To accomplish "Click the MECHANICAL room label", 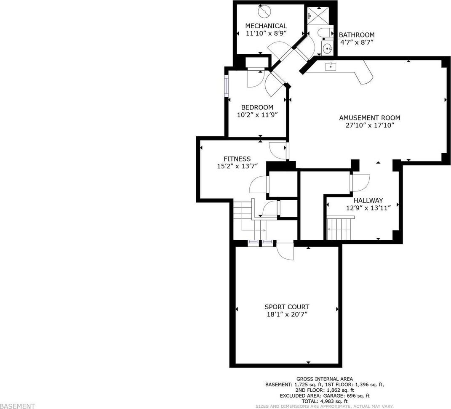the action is pyautogui.click(x=266, y=26).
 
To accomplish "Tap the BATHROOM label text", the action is pyautogui.click(x=357, y=35).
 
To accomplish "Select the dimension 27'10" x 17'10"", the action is pyautogui.click(x=369, y=125).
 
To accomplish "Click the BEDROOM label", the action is pyautogui.click(x=257, y=107).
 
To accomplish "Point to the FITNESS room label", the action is pyautogui.click(x=238, y=159).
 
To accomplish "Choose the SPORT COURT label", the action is pyautogui.click(x=287, y=307).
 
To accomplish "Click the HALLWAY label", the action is pyautogui.click(x=368, y=200).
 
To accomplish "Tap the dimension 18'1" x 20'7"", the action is pyautogui.click(x=287, y=314).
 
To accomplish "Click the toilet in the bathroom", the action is pyautogui.click(x=325, y=32).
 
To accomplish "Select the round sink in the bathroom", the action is pyautogui.click(x=327, y=48).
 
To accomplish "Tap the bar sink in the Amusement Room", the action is pyautogui.click(x=331, y=66).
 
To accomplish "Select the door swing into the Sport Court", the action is pyautogui.click(x=286, y=251).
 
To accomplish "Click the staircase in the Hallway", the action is pyautogui.click(x=340, y=228).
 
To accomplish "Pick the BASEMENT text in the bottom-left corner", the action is pyautogui.click(x=18, y=406).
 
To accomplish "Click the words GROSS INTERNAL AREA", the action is pyautogui.click(x=324, y=379).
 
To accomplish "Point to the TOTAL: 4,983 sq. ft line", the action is pyautogui.click(x=324, y=401).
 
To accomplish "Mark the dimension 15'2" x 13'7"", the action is pyautogui.click(x=238, y=166).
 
